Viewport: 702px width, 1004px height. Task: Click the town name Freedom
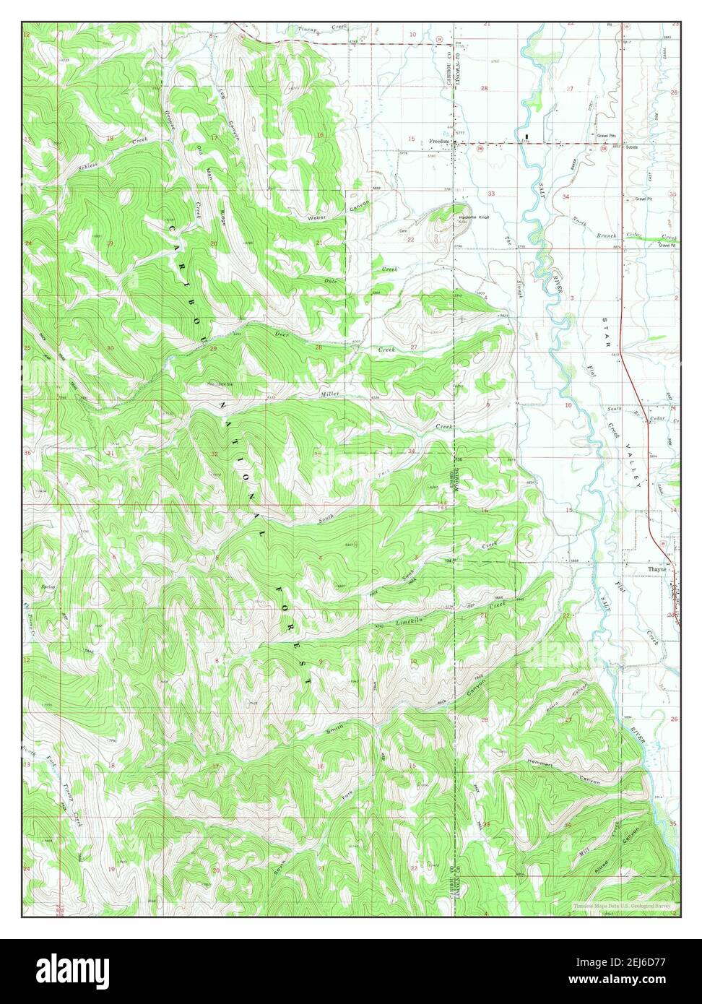pyautogui.click(x=439, y=142)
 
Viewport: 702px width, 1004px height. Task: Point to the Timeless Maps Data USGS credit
pyautogui.click(x=621, y=906)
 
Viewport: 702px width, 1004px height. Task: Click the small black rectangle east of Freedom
pyautogui.click(x=527, y=136)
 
